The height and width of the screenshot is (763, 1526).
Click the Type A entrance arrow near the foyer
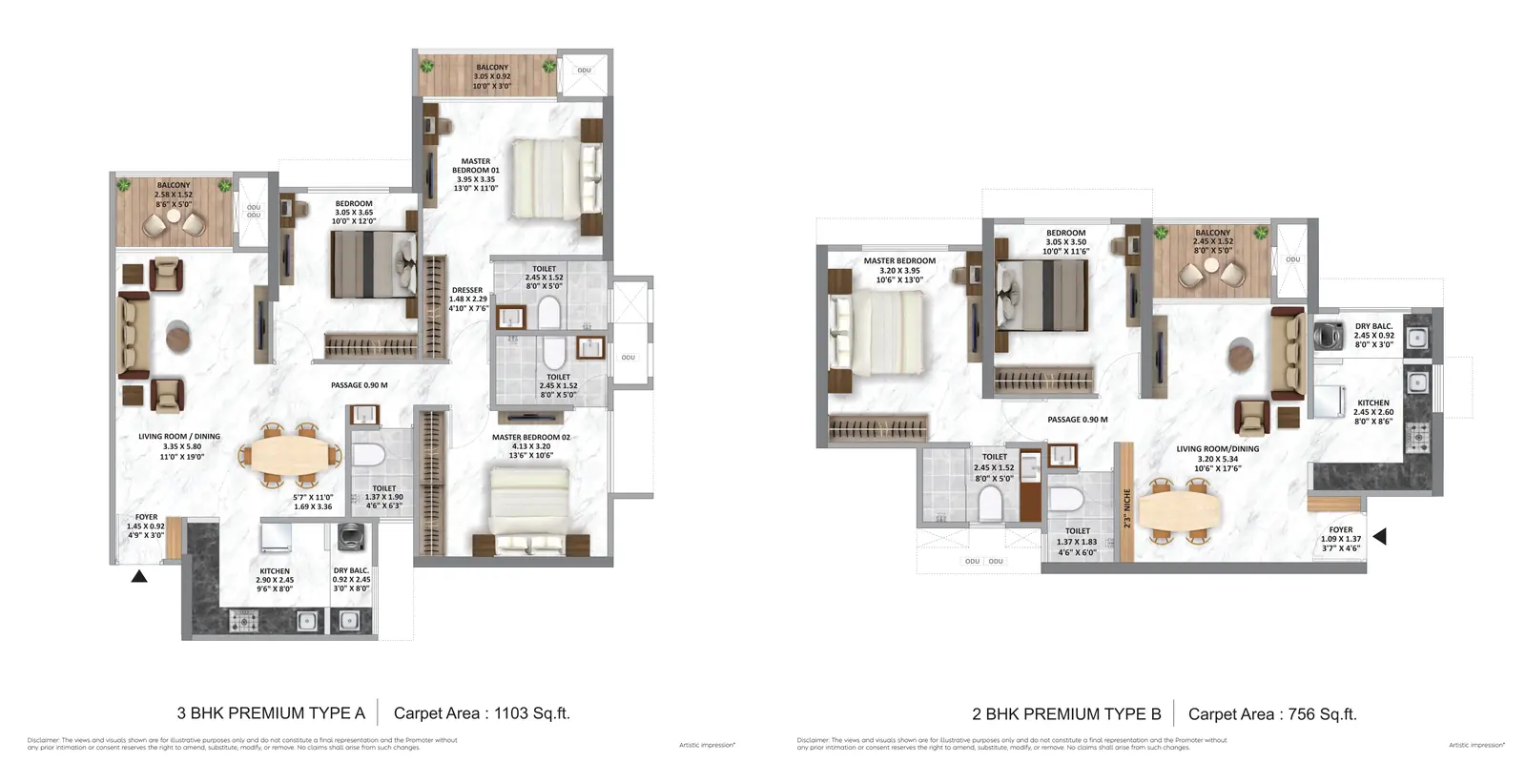point(139,576)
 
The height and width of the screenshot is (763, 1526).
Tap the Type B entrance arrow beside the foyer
point(1379,537)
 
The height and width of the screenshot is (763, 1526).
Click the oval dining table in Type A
point(288,455)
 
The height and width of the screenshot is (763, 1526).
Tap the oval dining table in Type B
point(1179,510)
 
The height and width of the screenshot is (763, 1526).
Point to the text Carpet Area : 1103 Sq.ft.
point(482,712)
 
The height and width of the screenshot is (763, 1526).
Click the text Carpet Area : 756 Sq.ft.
point(1272,713)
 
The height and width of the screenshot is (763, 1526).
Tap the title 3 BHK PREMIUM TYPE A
point(271,712)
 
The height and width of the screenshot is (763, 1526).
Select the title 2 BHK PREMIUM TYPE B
point(1066,713)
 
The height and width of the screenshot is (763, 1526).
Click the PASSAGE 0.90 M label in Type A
point(359,385)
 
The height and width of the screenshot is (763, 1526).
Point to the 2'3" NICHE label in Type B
point(1126,509)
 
